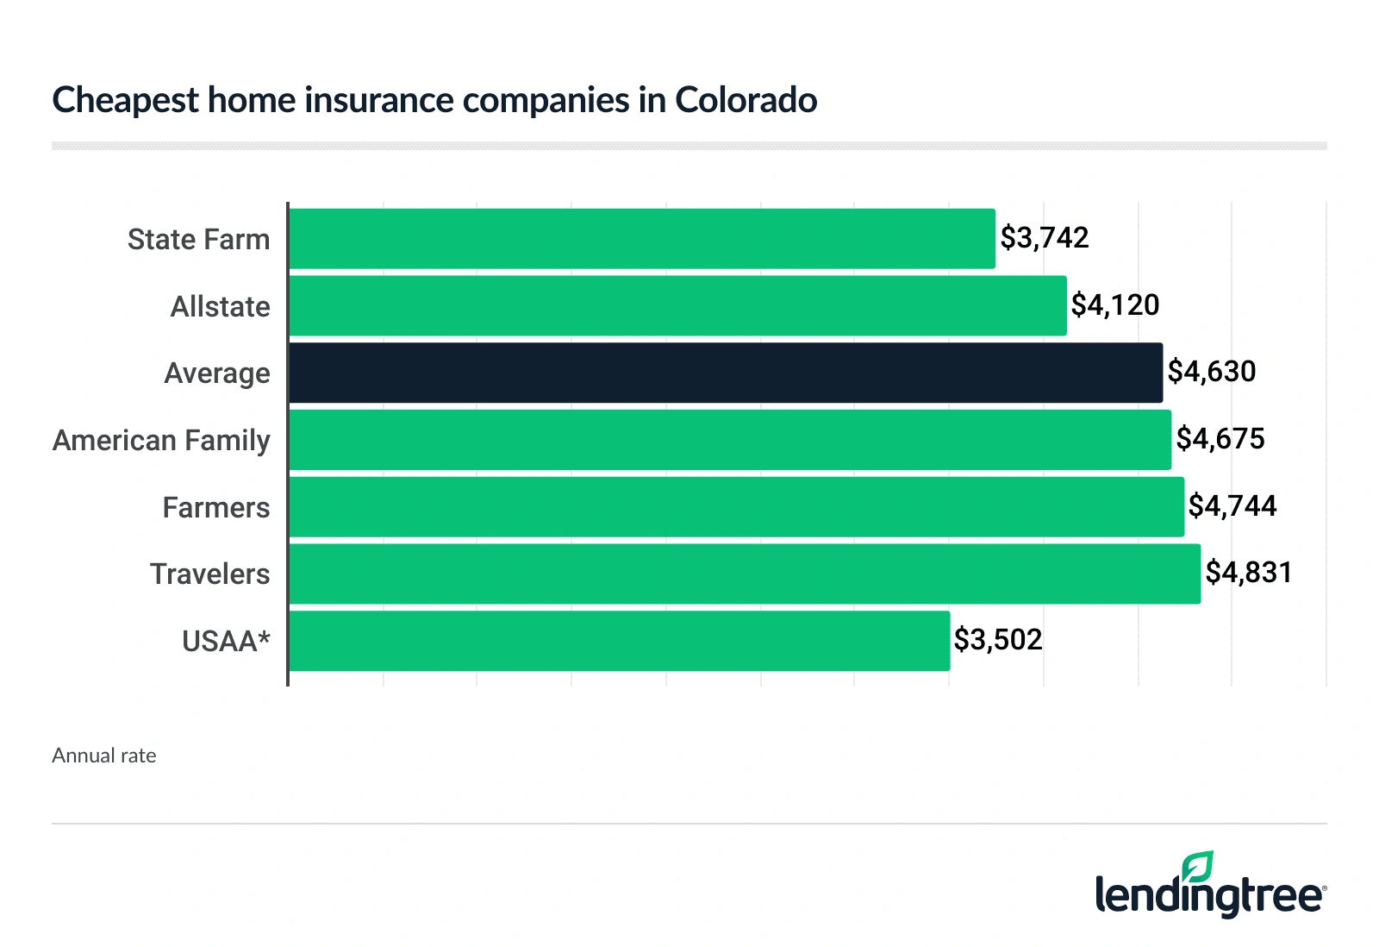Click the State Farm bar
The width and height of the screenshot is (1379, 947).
click(x=642, y=239)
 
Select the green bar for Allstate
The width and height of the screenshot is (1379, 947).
click(x=677, y=306)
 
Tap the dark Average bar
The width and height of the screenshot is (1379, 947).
click(x=726, y=373)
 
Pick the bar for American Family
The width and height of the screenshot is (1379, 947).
click(x=730, y=440)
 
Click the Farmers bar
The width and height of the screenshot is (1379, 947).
click(x=736, y=507)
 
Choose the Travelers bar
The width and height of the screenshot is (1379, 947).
click(x=745, y=574)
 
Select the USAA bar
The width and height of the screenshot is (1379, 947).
click(x=619, y=641)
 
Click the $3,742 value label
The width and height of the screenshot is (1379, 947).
click(x=1045, y=238)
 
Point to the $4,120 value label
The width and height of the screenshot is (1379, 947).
click(x=1115, y=305)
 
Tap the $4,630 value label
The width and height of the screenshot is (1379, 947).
click(x=1212, y=372)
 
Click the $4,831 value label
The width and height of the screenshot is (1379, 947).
click(x=1249, y=573)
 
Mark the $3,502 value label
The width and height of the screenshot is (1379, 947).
click(x=998, y=640)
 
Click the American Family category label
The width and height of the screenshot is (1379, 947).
click(x=161, y=441)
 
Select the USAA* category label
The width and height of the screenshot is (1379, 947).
click(x=226, y=641)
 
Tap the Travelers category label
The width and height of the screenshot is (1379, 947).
click(x=209, y=574)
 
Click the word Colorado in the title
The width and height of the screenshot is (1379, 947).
click(x=746, y=100)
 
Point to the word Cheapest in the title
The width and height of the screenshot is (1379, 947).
click(x=126, y=101)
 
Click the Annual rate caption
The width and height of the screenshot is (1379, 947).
click(x=104, y=756)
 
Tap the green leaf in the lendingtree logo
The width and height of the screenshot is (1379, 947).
click(x=1198, y=866)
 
